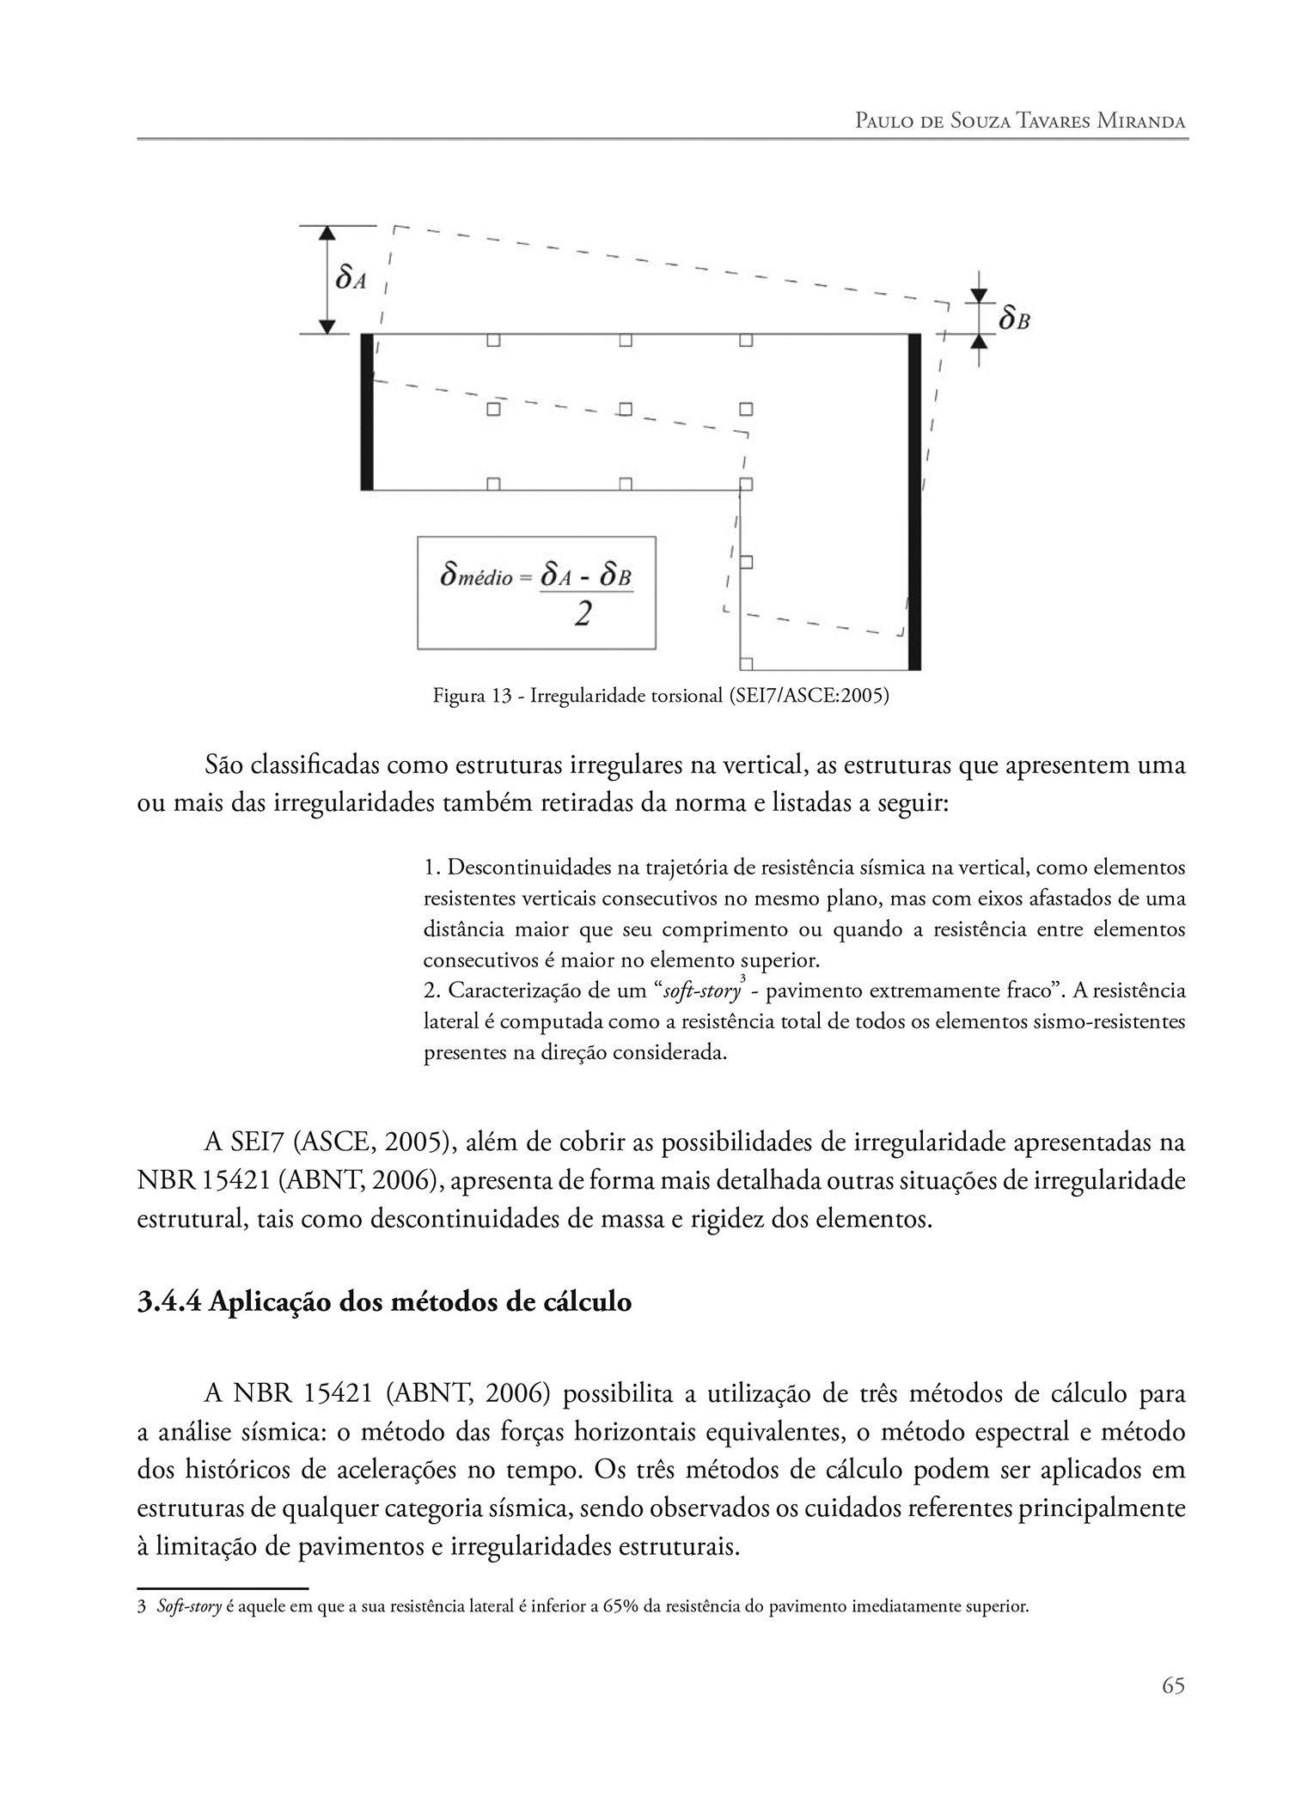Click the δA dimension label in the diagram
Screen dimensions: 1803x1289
tap(349, 278)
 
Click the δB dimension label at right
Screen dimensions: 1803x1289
tap(1014, 320)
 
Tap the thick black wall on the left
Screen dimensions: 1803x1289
tap(367, 411)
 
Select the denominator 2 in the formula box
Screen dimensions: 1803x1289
tap(582, 615)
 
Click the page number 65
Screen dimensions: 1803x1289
tap(1173, 1685)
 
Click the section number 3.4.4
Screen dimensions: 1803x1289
tap(169, 1302)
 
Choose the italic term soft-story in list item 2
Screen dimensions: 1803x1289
tap(701, 991)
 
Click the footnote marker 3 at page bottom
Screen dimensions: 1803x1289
tap(142, 1606)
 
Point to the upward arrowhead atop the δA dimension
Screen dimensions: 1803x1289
tap(326, 233)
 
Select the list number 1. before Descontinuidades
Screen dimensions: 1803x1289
tap(431, 868)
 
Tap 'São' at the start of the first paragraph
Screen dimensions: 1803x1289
tap(225, 765)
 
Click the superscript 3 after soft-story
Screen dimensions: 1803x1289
tap(742, 978)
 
